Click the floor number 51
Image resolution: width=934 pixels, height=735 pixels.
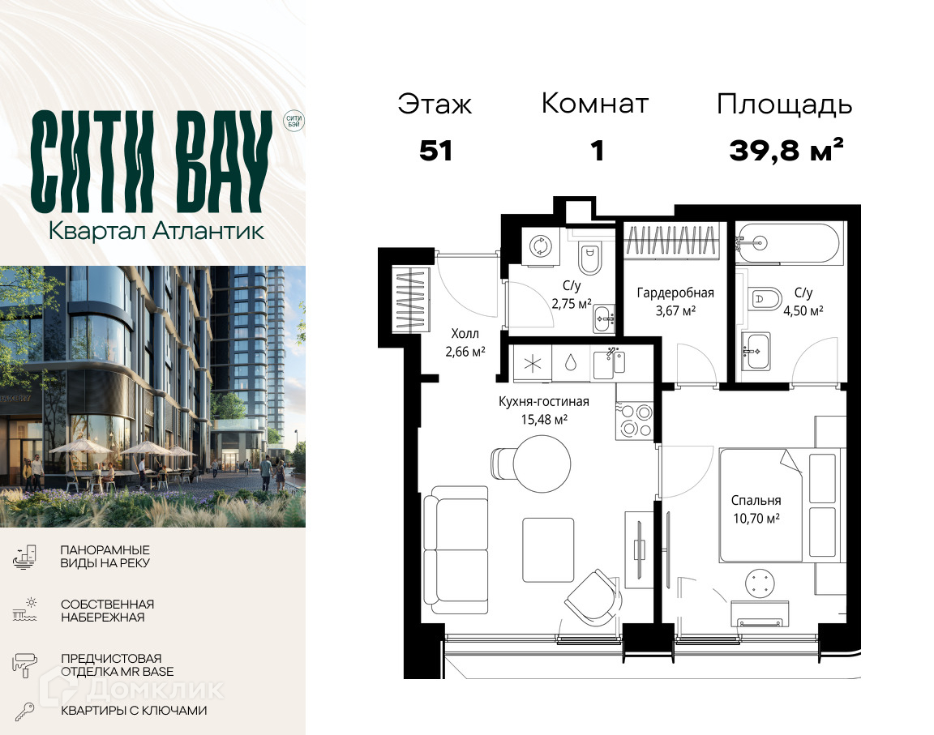pyautogui.click(x=435, y=151)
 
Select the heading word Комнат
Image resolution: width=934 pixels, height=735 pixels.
pyautogui.click(x=594, y=104)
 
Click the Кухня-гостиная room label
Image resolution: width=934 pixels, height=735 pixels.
pyautogui.click(x=544, y=402)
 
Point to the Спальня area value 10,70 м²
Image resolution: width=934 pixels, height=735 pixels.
pyautogui.click(x=756, y=519)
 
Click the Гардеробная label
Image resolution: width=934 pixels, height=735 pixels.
pyautogui.click(x=675, y=293)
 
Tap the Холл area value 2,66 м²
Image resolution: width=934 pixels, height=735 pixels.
pyautogui.click(x=465, y=352)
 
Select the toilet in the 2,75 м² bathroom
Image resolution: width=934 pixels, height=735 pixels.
pyautogui.click(x=589, y=257)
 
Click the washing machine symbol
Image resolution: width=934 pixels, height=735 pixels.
pyautogui.click(x=540, y=246)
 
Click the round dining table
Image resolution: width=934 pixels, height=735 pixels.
pyautogui.click(x=542, y=464)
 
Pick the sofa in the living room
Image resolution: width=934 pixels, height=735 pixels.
pyautogui.click(x=456, y=550)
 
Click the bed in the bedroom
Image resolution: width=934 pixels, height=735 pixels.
pyautogui.click(x=780, y=506)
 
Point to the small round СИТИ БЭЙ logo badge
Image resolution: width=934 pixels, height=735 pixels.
pyautogui.click(x=293, y=121)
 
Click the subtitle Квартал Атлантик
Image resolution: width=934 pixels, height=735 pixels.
pyautogui.click(x=156, y=230)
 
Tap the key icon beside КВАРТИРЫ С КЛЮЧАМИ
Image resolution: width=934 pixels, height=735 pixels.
pyautogui.click(x=24, y=711)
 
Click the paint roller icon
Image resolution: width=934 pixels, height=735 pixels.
pyautogui.click(x=24, y=664)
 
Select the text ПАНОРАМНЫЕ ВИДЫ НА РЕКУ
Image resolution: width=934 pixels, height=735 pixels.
pyautogui.click(x=105, y=557)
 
